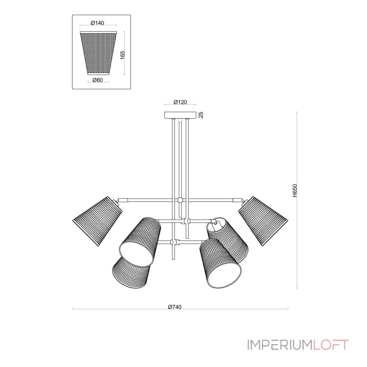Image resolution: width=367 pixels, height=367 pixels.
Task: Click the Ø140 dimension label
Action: (x=97, y=22)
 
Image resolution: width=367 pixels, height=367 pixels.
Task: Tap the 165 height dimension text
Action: (x=122, y=55)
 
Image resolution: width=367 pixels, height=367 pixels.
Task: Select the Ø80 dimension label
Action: (x=98, y=80)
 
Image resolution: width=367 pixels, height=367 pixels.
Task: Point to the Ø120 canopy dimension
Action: (x=180, y=102)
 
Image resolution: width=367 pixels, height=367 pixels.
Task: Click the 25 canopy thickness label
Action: (x=201, y=115)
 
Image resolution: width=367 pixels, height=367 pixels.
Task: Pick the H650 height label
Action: (x=295, y=190)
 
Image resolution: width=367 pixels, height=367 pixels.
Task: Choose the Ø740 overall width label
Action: (x=175, y=307)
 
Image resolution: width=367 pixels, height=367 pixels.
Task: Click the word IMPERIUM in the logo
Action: (x=280, y=345)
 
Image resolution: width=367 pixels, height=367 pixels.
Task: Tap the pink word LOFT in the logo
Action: (x=331, y=345)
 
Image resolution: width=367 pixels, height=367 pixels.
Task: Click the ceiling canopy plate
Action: (x=180, y=115)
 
